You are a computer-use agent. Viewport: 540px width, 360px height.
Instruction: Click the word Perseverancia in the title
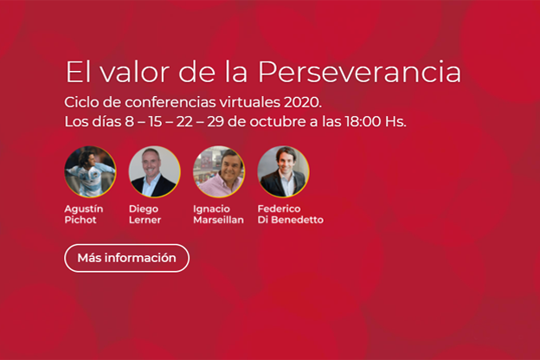pyautogui.click(x=359, y=72)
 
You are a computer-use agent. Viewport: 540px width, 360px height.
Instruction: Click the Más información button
pyautogui.click(x=126, y=258)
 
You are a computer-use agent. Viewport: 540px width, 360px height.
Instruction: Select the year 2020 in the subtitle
pyautogui.click(x=303, y=102)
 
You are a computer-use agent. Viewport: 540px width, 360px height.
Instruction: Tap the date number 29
pyautogui.click(x=215, y=122)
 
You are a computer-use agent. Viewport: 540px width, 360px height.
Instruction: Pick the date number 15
pyautogui.click(x=155, y=122)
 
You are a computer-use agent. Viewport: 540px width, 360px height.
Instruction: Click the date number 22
pyautogui.click(x=184, y=122)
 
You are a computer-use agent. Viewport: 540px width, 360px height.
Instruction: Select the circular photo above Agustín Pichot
pyautogui.click(x=90, y=171)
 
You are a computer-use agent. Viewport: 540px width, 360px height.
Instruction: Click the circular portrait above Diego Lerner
pyautogui.click(x=155, y=171)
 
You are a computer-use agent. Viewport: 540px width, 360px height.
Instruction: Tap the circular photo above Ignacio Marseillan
pyautogui.click(x=219, y=171)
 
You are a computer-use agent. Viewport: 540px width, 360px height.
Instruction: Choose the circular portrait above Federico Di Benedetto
pyautogui.click(x=284, y=171)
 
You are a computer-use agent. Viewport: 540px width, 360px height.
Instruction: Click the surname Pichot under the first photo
pyautogui.click(x=80, y=220)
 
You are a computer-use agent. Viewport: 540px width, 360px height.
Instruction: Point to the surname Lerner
pyautogui.click(x=145, y=220)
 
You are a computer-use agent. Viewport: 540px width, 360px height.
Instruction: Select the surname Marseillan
pyautogui.click(x=218, y=220)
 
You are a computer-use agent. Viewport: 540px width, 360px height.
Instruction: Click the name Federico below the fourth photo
pyautogui.click(x=279, y=209)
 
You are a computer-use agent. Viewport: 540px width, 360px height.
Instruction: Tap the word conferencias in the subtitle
pyautogui.click(x=170, y=102)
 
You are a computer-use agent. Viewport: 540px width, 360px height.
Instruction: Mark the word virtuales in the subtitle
pyautogui.click(x=250, y=102)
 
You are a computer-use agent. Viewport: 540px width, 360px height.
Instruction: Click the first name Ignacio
pyautogui.click(x=211, y=209)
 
